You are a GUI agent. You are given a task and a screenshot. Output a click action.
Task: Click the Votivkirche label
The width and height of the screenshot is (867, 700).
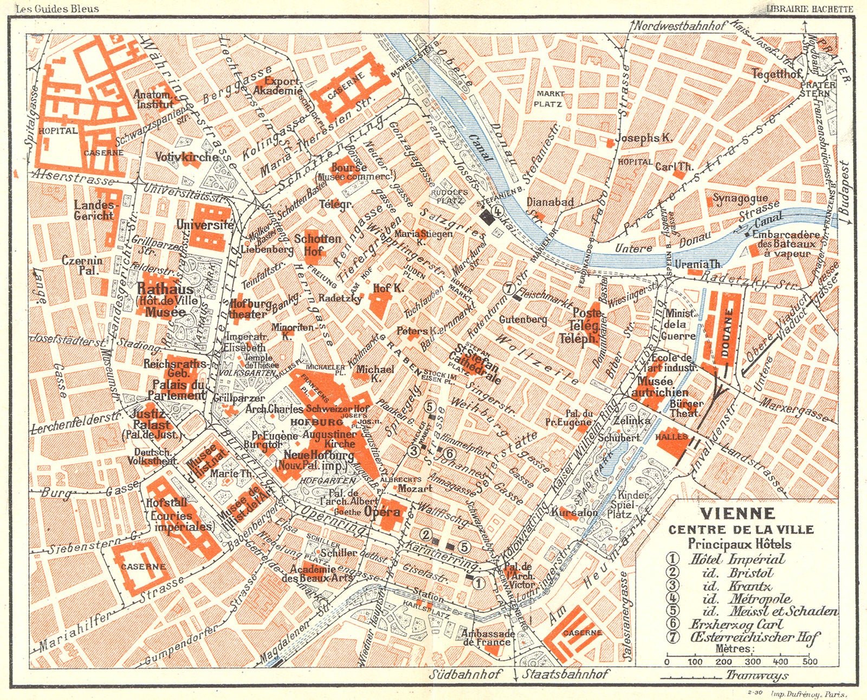point(186,157)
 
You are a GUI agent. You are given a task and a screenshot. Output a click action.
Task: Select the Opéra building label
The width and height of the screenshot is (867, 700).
point(383,511)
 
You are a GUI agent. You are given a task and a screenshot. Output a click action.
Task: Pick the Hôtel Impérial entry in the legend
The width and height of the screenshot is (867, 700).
point(736,559)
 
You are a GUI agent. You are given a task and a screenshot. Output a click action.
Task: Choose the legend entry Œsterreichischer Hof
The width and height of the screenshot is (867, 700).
point(754,637)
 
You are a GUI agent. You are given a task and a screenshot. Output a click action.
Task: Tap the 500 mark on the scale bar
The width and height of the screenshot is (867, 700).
point(810,661)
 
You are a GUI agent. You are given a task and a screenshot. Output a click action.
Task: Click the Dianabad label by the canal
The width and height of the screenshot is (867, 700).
point(550,202)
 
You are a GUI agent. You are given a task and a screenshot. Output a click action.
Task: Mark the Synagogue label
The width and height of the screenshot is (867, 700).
point(740,198)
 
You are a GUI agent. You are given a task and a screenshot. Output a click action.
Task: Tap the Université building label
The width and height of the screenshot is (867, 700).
point(205,224)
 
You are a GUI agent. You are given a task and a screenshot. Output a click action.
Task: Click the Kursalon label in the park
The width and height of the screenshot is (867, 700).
point(574,512)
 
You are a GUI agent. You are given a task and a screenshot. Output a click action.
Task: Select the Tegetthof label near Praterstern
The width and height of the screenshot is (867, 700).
point(775,74)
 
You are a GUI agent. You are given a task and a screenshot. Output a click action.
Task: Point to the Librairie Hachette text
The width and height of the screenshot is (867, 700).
point(810,9)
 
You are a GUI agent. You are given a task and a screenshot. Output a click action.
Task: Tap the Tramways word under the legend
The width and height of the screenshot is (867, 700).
point(756,675)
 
